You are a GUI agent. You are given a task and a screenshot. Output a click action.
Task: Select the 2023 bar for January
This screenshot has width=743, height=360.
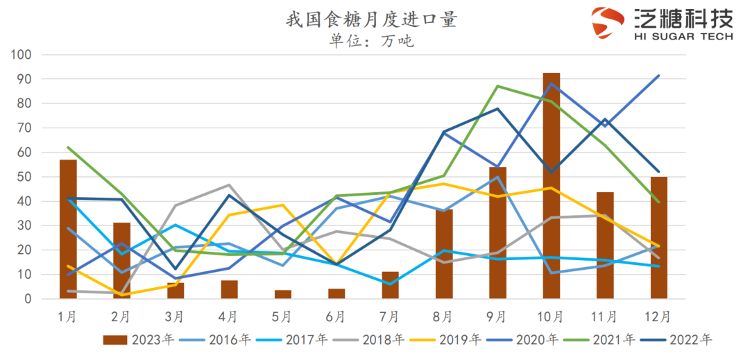[x=68, y=229]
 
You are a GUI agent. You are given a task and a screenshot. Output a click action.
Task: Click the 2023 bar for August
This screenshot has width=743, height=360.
[x=444, y=254]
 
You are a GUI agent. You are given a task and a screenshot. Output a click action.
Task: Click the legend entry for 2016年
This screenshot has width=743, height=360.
[x=214, y=340]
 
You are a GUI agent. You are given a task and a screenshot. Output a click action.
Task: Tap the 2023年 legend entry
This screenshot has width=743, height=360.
[x=139, y=340]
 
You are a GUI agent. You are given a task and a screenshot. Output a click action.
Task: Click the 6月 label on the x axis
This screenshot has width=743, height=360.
[x=336, y=318]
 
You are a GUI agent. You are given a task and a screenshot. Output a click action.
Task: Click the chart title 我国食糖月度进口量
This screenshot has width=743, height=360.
[x=371, y=19]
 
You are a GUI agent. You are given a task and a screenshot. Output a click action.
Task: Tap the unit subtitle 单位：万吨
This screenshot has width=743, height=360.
[x=371, y=41]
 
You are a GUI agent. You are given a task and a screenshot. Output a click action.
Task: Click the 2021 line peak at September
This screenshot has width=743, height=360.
[x=497, y=86]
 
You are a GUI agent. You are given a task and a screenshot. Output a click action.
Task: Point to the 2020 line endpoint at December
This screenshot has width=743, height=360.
[x=658, y=76]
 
